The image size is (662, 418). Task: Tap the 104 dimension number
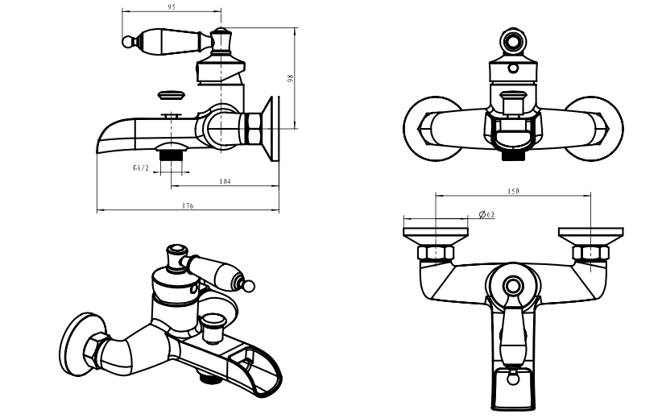[x=225, y=182]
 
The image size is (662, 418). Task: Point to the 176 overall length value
[x=188, y=206]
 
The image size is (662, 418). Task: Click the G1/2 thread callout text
[x=140, y=168]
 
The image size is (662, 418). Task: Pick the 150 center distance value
[x=514, y=191]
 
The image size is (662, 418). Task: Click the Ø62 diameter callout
[x=486, y=214]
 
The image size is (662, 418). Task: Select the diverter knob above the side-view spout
[x=172, y=96]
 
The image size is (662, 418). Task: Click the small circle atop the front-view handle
[x=512, y=42]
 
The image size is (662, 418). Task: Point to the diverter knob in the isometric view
[x=213, y=320]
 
